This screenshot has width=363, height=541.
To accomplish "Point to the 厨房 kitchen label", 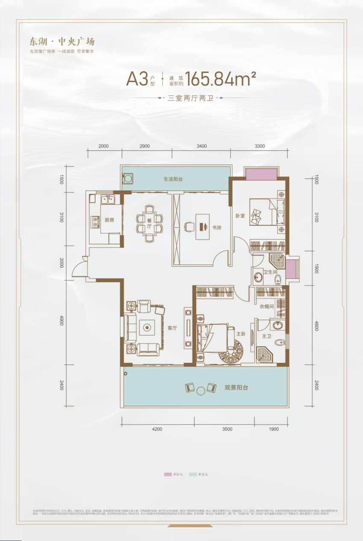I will (109, 220).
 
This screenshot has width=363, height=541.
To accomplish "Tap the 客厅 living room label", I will (173, 328).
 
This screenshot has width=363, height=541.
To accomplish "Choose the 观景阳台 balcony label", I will (237, 388).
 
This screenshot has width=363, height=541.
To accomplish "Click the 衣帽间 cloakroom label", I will (266, 307).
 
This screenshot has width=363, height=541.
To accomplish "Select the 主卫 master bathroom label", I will (267, 337).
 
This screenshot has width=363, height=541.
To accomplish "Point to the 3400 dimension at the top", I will (202, 146).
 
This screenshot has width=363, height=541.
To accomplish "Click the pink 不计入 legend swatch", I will (167, 474).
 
